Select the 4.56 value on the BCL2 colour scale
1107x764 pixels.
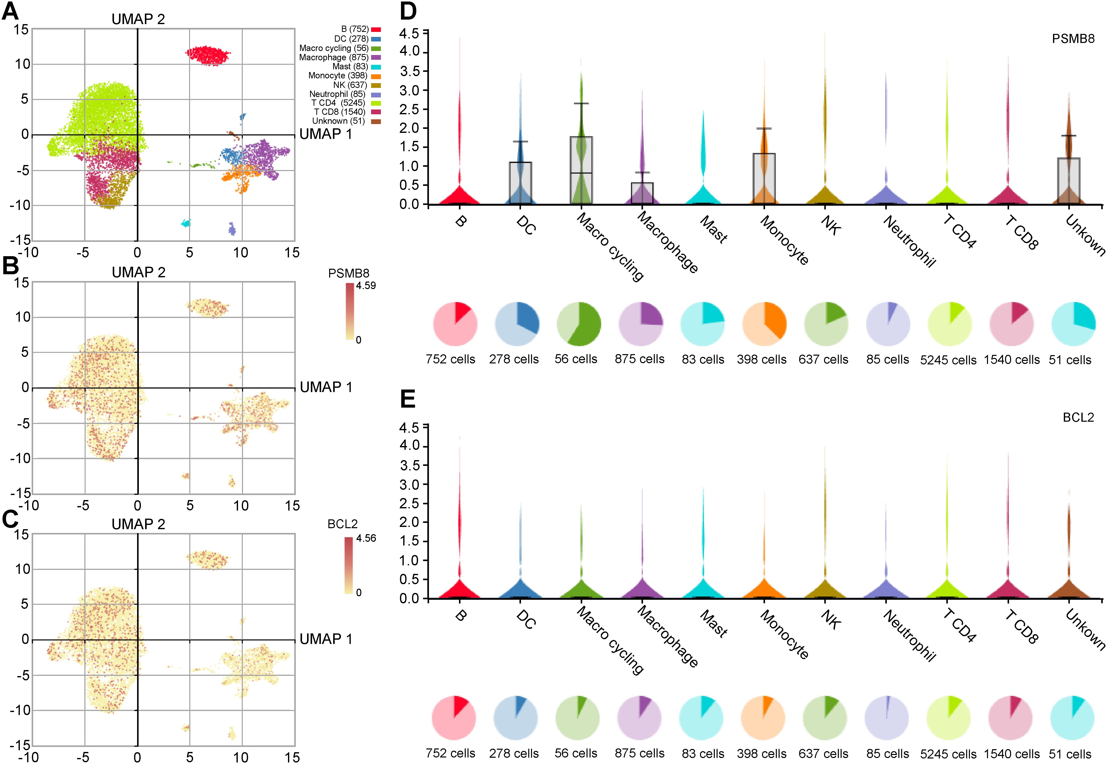[x=366, y=538]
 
